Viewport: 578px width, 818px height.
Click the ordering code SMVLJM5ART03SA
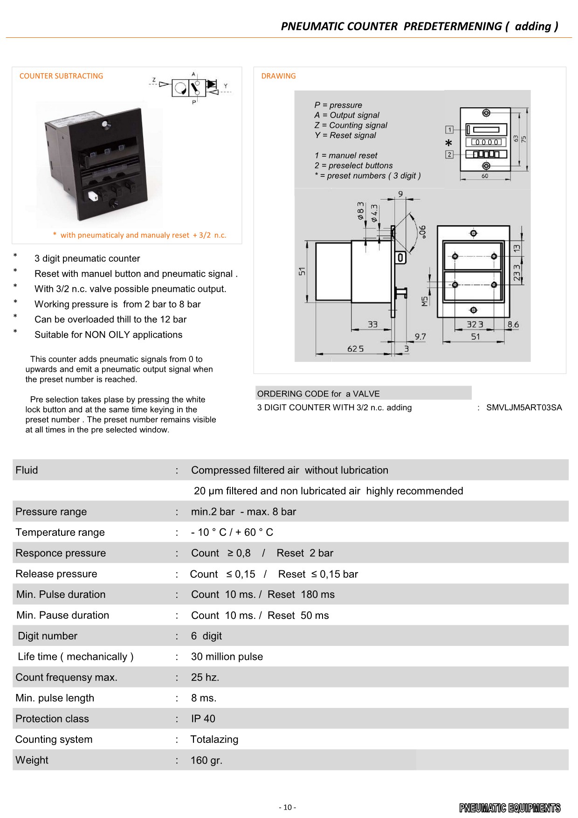524,408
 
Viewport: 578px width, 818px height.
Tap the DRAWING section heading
278,76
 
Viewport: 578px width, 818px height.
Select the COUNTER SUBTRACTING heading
61,76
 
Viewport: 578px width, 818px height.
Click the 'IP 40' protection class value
203,719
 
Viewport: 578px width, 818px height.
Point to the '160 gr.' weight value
206,760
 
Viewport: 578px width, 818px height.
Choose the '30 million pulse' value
227,657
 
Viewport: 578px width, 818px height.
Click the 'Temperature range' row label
60,532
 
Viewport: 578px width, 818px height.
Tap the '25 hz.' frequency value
205,677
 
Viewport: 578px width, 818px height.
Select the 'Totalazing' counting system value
214,739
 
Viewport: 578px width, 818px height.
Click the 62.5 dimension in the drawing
355,349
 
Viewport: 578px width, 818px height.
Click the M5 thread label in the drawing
425,301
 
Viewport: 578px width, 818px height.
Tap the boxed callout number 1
450,130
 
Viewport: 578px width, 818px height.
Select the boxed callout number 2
450,154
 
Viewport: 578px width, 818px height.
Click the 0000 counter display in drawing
487,142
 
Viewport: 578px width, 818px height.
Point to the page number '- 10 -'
287,807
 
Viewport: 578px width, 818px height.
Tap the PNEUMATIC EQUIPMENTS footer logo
509,808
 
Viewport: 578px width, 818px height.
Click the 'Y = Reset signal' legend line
345,135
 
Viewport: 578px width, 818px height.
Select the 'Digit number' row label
48,636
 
